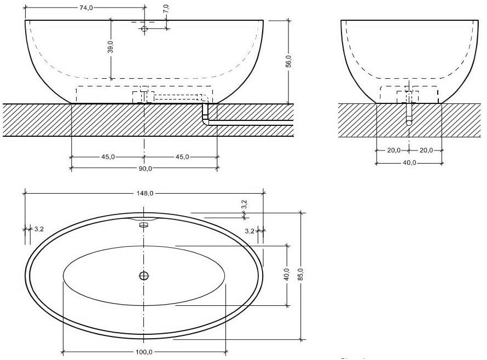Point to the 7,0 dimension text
[x=166, y=9]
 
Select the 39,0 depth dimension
[x=111, y=48]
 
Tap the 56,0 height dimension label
[x=288, y=61]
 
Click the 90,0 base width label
[x=144, y=169]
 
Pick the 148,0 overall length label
[x=144, y=193]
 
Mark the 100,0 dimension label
[x=144, y=352]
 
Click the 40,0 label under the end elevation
[x=409, y=162]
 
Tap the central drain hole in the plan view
[x=144, y=276]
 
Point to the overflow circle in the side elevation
[x=144, y=28]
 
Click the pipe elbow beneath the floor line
[x=206, y=121]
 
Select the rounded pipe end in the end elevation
[x=409, y=123]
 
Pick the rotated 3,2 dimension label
[x=244, y=205]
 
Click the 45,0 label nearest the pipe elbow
[x=182, y=157]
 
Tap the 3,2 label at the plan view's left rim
[x=39, y=229]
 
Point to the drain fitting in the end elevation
[x=409, y=97]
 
